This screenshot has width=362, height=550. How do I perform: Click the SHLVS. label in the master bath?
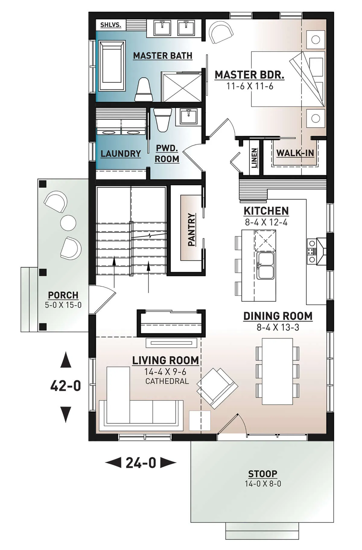[111, 25]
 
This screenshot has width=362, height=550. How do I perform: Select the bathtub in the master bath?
[112, 66]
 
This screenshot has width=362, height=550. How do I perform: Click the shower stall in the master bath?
[181, 87]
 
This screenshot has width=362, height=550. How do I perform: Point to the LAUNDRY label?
[121, 154]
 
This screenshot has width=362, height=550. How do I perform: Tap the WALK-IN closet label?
[295, 153]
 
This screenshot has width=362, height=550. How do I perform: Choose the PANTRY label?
[192, 229]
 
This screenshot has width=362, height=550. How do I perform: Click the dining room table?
[277, 371]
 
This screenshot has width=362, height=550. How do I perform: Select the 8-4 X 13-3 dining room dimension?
[278, 327]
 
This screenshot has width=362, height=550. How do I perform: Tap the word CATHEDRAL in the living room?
[167, 381]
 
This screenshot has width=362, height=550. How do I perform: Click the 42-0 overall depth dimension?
[66, 386]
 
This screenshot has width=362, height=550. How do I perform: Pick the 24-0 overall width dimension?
[141, 463]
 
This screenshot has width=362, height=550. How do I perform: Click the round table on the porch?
[68, 223]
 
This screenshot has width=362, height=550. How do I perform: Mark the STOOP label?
[263, 474]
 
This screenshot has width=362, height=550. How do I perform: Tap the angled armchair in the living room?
[217, 388]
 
